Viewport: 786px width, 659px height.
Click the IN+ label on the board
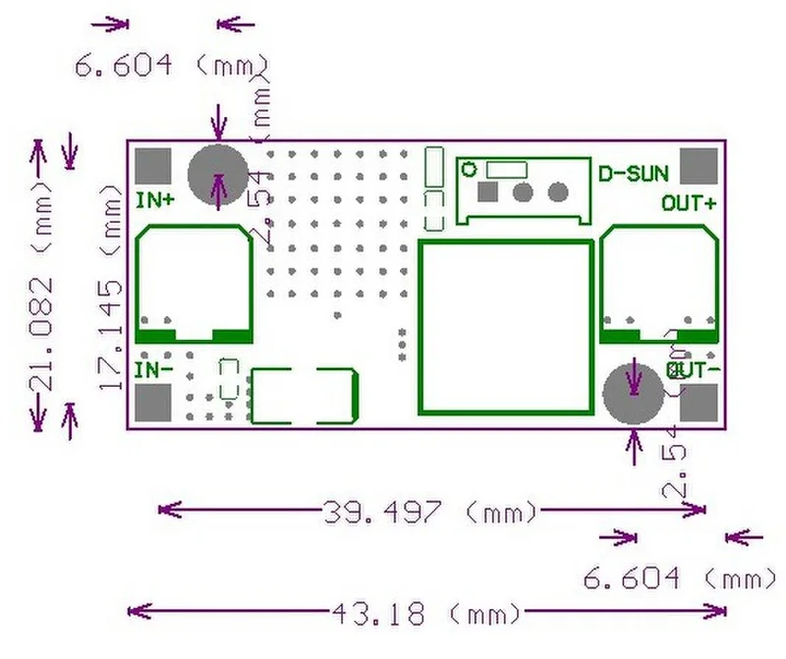pos(155,200)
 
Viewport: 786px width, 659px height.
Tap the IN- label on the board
pos(154,369)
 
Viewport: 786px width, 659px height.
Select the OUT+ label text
pos(689,203)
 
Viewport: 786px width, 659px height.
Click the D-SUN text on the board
pos(634,175)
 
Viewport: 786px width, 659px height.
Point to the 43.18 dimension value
pos(378,615)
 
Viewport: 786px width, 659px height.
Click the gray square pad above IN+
pos(153,165)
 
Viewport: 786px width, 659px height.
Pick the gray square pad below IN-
pos(153,403)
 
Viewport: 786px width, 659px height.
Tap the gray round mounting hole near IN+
pos(217,175)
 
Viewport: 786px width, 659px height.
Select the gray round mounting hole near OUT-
pos(631,394)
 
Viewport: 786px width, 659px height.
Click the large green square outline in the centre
pos(507,326)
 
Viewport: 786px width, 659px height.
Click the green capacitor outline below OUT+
pos(659,284)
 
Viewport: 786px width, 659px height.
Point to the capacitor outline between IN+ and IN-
pos(195,284)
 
